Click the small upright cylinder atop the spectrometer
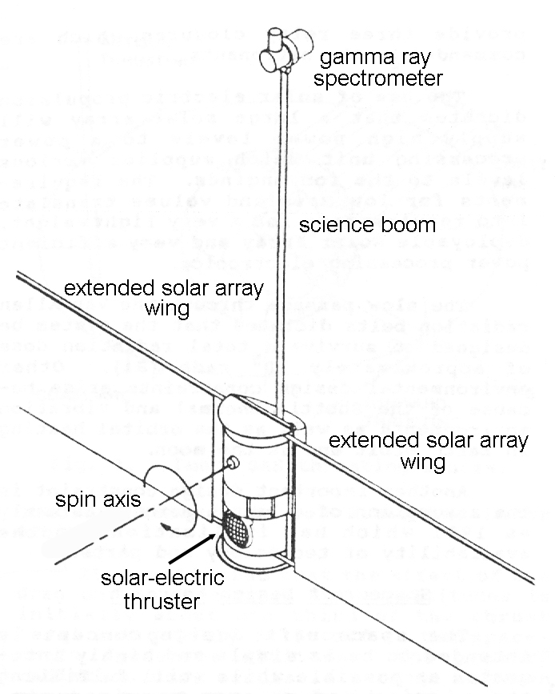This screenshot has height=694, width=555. pos(276,36)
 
